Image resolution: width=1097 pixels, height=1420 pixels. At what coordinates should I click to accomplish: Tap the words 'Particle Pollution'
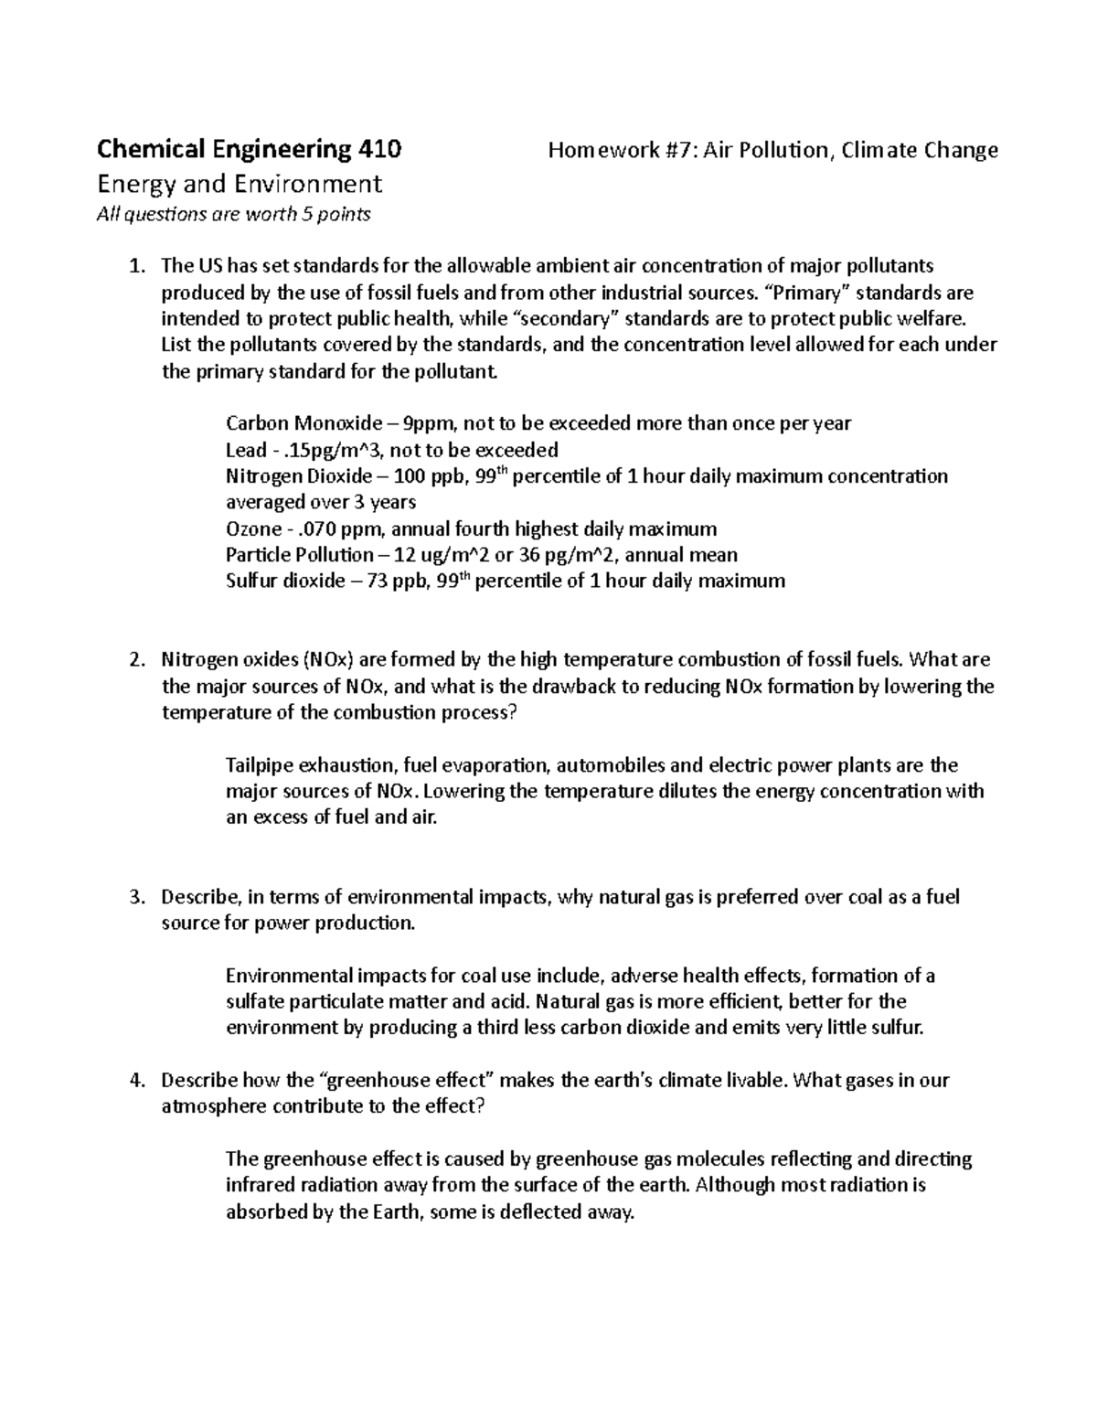299,555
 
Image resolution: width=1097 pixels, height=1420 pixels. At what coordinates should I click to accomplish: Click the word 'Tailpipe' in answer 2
257,765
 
